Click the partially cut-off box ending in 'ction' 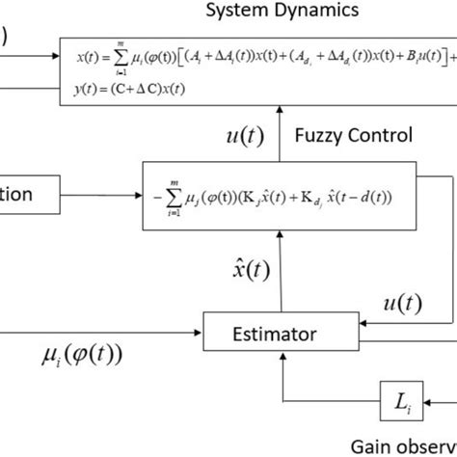[29, 195]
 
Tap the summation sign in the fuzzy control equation [158, 201]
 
